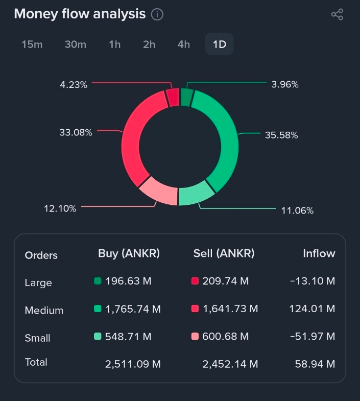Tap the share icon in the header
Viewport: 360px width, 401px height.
[x=337, y=14]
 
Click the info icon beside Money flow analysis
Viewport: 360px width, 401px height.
[x=157, y=14]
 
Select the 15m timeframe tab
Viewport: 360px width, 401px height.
[x=32, y=44]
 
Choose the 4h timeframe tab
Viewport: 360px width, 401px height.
[x=184, y=44]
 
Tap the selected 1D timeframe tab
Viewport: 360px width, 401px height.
[x=220, y=44]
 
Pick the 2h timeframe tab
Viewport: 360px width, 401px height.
[x=149, y=44]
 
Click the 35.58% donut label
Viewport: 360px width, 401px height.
[x=281, y=135]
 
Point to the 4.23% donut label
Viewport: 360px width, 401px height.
[x=74, y=85]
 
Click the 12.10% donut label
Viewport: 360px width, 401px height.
[x=60, y=208]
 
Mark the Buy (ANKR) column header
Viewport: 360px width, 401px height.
[x=129, y=253]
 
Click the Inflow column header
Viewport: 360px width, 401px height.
[x=319, y=253]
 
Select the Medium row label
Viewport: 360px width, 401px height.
[x=44, y=311]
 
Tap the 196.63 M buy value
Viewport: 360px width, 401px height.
[x=128, y=281]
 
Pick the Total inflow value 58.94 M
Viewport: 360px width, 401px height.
[x=315, y=364]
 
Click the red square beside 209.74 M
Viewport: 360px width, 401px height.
[x=195, y=281]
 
